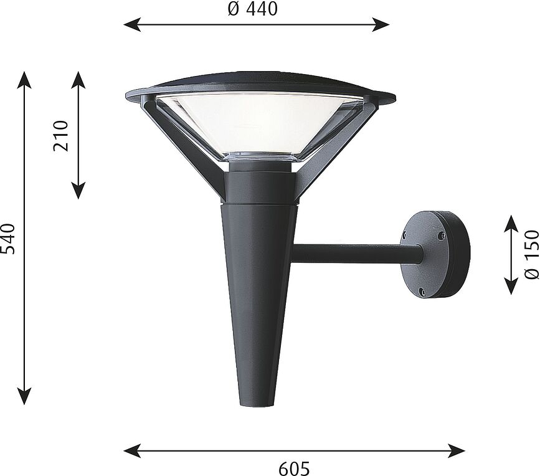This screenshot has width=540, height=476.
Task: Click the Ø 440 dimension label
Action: pyautogui.click(x=253, y=9)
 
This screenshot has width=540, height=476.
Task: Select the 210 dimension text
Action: pyautogui.click(x=61, y=136)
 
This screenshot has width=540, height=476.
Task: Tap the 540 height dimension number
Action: pyautogui.click(x=7, y=239)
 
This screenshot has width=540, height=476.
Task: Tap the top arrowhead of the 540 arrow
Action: pyautogui.click(x=24, y=77)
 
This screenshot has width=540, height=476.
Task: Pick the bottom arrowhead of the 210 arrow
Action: pyautogui.click(x=78, y=193)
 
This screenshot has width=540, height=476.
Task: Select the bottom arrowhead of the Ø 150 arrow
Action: pyautogui.click(x=511, y=288)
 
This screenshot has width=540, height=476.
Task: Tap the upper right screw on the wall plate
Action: pyautogui.click(x=441, y=236)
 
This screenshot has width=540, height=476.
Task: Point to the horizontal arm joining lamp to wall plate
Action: pyautogui.click(x=355, y=253)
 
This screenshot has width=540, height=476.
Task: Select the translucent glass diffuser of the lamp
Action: pyautogui.click(x=258, y=122)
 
